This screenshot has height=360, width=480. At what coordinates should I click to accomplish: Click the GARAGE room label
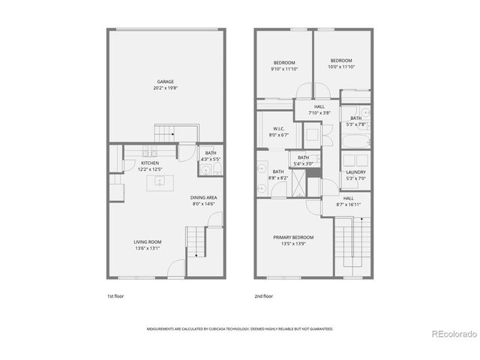(x=165, y=81)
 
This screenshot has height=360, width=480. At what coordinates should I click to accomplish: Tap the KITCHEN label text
(x=150, y=163)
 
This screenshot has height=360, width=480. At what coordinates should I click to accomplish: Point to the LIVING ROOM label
(x=148, y=241)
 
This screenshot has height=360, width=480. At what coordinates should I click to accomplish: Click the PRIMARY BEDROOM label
(x=293, y=237)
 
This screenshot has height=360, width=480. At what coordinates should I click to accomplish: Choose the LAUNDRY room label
(x=355, y=172)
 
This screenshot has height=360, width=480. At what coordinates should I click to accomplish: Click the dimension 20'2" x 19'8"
(x=165, y=88)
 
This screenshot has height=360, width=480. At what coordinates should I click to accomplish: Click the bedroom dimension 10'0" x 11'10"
(x=341, y=67)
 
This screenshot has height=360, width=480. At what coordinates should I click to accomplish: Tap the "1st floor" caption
(x=115, y=296)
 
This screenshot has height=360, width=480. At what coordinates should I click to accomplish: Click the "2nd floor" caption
(x=263, y=296)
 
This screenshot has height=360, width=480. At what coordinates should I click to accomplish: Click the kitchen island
(x=159, y=181)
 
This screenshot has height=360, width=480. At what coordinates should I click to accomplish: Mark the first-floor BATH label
(x=211, y=153)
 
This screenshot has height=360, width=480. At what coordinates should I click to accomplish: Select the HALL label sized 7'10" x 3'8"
(x=319, y=107)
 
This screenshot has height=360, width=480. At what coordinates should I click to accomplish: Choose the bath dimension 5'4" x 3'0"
(x=303, y=163)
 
